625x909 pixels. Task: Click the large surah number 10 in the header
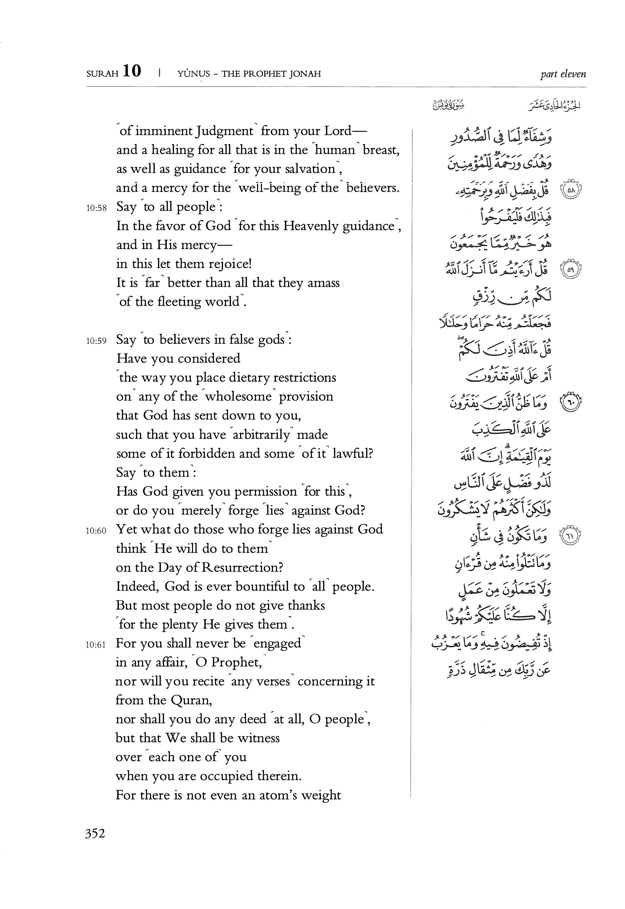pos(132,72)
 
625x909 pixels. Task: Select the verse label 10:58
pos(96,208)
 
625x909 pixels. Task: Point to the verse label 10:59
pos(96,341)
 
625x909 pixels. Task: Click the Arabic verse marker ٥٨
pos(571,191)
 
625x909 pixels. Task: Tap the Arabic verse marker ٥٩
pos(571,270)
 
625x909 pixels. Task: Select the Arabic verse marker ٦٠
pos(571,403)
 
